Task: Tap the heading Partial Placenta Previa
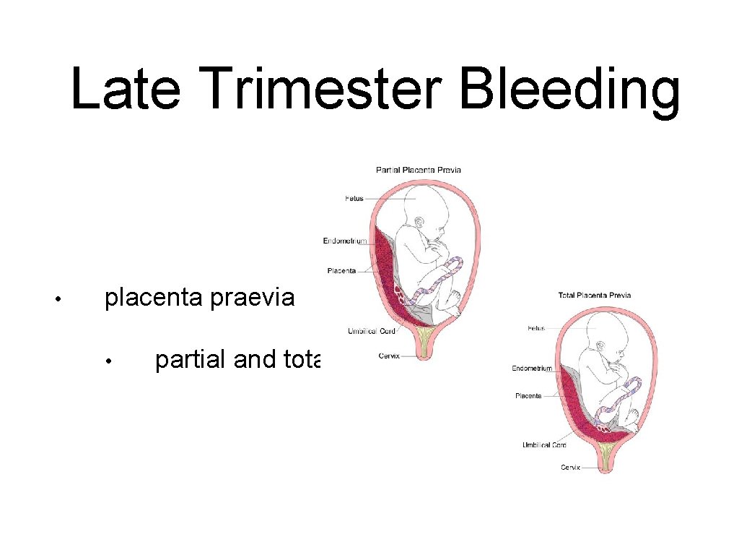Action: click(x=419, y=170)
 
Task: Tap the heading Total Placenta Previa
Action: click(x=595, y=295)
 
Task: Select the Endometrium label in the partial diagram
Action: click(x=345, y=241)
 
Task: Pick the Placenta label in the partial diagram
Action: click(x=341, y=271)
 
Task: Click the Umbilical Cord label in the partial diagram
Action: click(x=371, y=331)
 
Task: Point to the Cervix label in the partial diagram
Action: click(x=389, y=356)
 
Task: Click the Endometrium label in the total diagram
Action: click(x=532, y=368)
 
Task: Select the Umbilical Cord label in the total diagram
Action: click(x=544, y=445)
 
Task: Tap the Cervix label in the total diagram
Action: click(x=570, y=468)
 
